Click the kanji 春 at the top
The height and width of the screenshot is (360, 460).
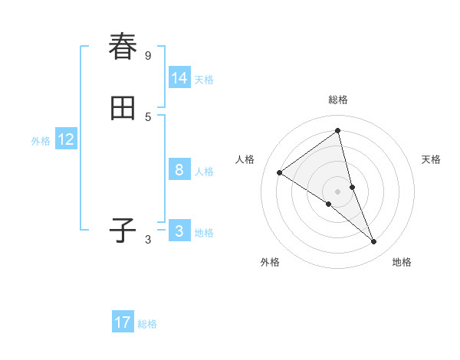[x=123, y=47]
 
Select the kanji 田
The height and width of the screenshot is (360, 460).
[x=123, y=109]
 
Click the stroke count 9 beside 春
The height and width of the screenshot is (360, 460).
[x=148, y=55]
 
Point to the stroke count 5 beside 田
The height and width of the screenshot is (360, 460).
[x=148, y=116]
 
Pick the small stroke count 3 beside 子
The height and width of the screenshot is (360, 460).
[x=148, y=240]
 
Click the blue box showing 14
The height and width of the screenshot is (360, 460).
[x=179, y=78]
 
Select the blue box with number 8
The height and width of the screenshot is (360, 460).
[x=179, y=170]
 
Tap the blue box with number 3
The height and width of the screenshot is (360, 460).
[x=179, y=231]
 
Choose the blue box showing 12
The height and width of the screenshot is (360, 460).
[x=66, y=139]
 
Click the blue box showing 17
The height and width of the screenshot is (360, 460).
[x=123, y=322]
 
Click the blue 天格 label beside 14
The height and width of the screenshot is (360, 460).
[x=204, y=80]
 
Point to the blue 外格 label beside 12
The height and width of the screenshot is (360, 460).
[x=41, y=141]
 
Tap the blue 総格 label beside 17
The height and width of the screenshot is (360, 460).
[x=147, y=324]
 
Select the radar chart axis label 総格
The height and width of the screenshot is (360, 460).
[x=338, y=100]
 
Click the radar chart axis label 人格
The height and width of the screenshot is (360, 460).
[x=245, y=159]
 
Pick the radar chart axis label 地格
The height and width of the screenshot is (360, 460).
[x=402, y=262]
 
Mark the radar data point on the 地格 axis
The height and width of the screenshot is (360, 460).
[x=374, y=242]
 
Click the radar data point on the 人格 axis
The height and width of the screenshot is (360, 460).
[x=280, y=172]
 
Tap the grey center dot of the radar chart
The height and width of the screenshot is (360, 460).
[x=338, y=191]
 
